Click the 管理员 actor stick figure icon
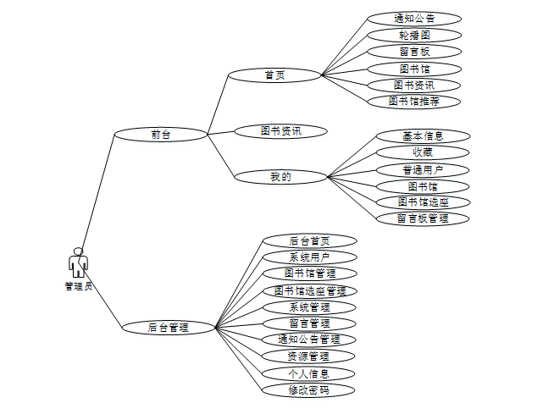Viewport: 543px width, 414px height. [78, 262]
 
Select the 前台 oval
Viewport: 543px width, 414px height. [160, 134]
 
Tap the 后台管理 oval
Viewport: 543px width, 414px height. [168, 327]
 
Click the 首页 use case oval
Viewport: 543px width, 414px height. [274, 75]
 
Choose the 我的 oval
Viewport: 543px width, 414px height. [280, 176]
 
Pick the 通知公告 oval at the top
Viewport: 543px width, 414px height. [414, 18]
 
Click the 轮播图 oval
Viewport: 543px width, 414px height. [414, 35]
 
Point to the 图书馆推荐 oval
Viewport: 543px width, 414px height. [414, 101]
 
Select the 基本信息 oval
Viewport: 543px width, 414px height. [423, 135]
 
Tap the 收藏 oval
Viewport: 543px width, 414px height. [423, 152]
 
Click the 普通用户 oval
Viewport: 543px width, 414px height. [423, 169]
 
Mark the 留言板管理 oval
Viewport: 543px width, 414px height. [423, 218]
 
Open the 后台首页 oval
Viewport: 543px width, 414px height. [309, 240]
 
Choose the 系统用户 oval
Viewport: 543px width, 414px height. [309, 257]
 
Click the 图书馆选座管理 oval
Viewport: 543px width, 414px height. [309, 290]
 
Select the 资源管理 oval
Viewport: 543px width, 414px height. [309, 356]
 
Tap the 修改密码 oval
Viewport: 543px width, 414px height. [309, 390]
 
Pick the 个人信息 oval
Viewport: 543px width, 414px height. [309, 373]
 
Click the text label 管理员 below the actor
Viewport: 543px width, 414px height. [78, 286]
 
